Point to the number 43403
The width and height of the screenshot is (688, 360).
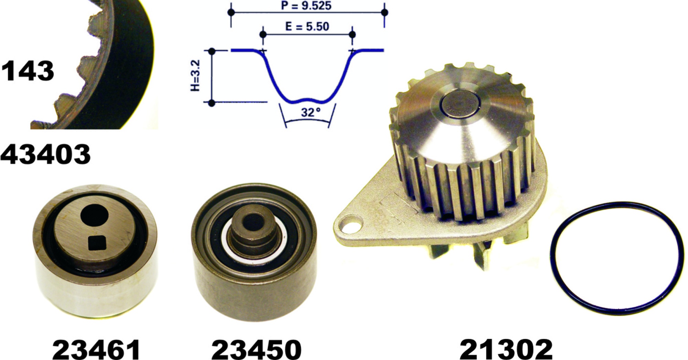point(45,154)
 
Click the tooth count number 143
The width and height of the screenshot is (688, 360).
point(28,71)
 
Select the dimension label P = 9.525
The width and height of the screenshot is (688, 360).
point(306,6)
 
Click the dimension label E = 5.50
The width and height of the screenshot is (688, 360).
point(307,26)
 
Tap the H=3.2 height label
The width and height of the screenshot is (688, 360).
point(195,76)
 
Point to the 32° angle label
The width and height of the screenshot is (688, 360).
point(311,112)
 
